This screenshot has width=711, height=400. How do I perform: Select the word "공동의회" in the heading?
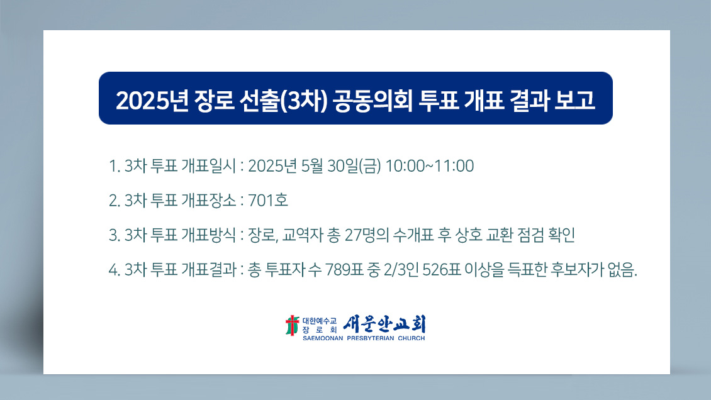tap(372, 100)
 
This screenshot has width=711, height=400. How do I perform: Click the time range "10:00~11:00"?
tap(429, 166)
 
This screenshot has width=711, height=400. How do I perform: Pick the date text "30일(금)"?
tap(354, 166)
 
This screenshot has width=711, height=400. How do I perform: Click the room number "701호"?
tap(268, 200)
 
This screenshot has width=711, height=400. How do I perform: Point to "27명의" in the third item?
tap(367, 235)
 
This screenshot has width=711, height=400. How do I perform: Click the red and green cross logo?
tap(293, 325)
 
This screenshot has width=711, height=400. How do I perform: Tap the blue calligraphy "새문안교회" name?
tap(384, 324)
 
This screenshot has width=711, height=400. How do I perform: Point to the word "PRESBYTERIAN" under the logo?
tap(371, 338)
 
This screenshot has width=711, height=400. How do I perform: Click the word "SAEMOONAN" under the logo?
tap(323, 338)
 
